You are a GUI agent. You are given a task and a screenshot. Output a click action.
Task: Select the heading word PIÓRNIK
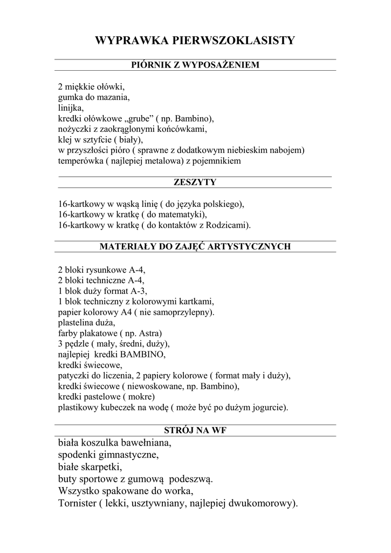point(149,65)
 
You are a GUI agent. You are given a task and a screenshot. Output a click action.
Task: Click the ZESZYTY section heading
point(195,183)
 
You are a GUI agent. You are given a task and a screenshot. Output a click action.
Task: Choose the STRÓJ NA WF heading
point(195,430)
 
